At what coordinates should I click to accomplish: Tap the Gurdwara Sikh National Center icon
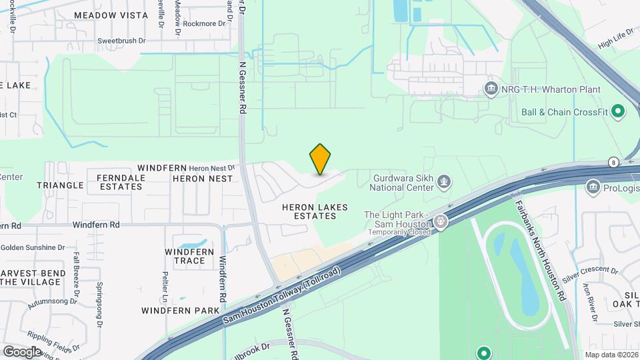tap(444, 181)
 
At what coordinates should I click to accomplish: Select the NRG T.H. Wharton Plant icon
tap(491, 89)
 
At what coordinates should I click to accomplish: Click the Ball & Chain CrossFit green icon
tap(617, 112)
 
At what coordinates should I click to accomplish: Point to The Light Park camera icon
tap(440, 221)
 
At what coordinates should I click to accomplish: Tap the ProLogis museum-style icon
tap(593, 187)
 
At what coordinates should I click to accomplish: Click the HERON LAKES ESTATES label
tap(315, 211)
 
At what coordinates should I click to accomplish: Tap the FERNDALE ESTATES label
tap(119, 182)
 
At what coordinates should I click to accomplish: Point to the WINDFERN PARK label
tap(180, 311)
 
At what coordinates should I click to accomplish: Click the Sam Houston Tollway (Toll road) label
tap(282, 297)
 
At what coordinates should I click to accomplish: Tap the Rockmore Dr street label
tap(204, 24)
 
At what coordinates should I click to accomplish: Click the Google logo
tap(22, 351)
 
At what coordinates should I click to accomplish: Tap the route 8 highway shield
tap(613, 162)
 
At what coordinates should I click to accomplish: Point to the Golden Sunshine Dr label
tap(33, 247)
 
